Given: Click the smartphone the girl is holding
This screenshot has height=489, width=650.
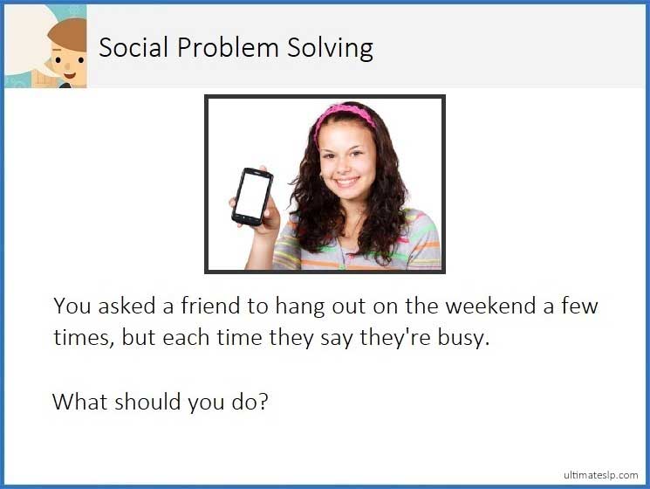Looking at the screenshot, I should [x=252, y=196].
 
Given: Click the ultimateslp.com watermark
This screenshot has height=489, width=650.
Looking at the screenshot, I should [x=600, y=474].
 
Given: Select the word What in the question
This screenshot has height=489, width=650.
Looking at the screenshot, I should [x=79, y=402].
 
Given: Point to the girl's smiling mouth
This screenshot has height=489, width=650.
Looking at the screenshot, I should [x=346, y=182].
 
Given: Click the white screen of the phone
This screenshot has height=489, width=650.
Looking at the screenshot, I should [x=252, y=194].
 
